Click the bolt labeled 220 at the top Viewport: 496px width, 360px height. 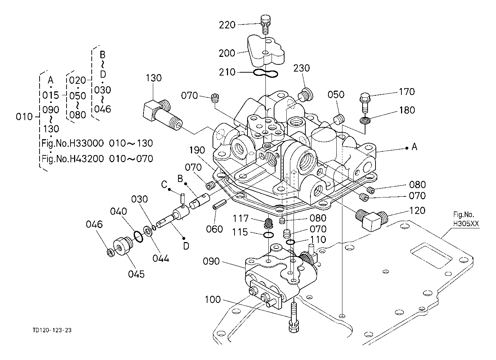click(x=265, y=24)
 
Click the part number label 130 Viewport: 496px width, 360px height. click(x=154, y=78)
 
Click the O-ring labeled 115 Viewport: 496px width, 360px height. click(x=269, y=235)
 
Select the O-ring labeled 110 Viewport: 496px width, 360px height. click(x=290, y=242)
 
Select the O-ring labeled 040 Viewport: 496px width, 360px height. click(x=138, y=237)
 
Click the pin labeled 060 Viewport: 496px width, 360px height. click(x=219, y=204)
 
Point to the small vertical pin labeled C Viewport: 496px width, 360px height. click(x=182, y=198)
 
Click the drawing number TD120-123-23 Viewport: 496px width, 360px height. click(x=52, y=330)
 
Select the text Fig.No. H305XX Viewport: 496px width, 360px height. click(x=466, y=219)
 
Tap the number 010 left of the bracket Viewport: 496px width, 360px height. click(x=24, y=117)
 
